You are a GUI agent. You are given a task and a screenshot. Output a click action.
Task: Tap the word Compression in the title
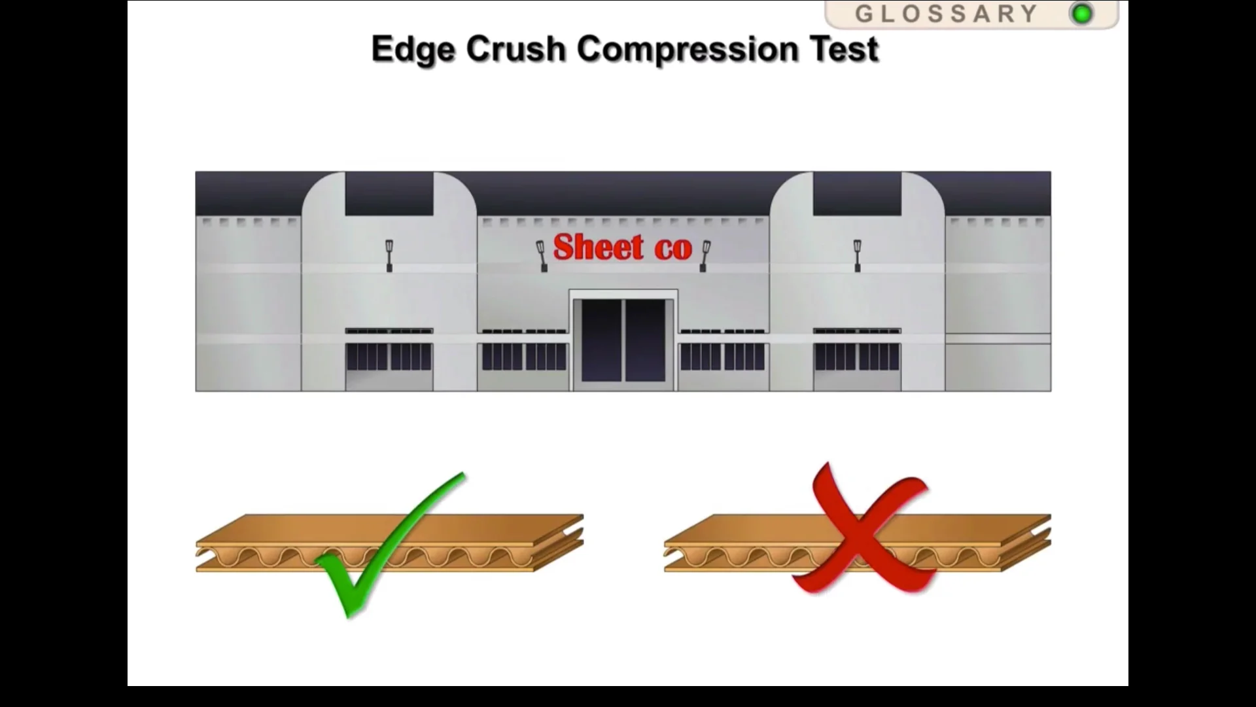pos(688,50)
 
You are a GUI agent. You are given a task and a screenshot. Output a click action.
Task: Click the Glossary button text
pos(946,14)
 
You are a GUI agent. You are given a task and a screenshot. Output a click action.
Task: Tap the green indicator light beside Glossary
pos(1082,14)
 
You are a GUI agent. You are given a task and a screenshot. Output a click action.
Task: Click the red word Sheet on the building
pos(599,247)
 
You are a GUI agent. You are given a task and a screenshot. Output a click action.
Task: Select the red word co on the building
pos(672,249)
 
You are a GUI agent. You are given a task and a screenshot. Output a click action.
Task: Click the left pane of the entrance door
pos(601,340)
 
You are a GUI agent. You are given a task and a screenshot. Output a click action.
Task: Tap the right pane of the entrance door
pos(645,340)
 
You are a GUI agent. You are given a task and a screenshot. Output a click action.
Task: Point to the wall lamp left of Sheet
pos(542,255)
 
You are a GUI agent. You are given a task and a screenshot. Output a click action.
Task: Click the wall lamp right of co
pos(705,255)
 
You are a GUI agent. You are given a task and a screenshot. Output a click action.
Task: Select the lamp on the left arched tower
pos(389,255)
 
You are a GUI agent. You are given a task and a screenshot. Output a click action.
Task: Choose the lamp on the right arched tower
pos(857,255)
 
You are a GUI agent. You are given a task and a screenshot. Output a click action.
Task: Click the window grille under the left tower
pos(389,357)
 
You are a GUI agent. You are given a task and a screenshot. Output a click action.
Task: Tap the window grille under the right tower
pos(857,357)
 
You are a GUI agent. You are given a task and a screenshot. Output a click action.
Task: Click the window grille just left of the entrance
pos(524,357)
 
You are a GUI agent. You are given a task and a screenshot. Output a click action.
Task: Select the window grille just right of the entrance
pos(722,357)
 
